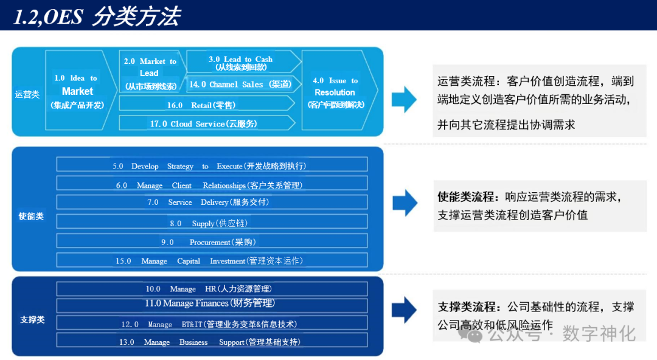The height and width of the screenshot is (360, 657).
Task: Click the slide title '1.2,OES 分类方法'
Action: point(97,16)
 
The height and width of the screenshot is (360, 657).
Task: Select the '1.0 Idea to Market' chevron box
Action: point(77,91)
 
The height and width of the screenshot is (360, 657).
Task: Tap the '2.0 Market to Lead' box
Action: point(150,73)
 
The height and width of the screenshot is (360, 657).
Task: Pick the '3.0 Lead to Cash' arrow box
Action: point(241,63)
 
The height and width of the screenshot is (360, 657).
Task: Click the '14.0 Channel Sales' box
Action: point(240,85)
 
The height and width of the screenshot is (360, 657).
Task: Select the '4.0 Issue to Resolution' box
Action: point(336,92)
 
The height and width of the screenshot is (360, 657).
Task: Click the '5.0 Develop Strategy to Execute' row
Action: point(211,165)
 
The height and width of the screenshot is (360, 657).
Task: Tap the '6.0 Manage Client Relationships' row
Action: point(211,185)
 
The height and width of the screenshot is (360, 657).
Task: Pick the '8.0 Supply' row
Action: point(211,223)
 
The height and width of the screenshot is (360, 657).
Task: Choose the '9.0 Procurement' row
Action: point(211,241)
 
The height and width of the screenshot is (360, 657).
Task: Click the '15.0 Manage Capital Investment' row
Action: point(211,260)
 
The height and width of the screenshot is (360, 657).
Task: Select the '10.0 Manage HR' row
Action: point(211,289)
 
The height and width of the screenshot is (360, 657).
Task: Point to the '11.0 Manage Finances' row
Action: point(211,303)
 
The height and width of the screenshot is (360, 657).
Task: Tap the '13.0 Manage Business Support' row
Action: point(211,342)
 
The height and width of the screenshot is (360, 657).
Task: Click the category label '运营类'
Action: point(27,94)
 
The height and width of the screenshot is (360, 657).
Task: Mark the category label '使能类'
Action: point(31,216)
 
